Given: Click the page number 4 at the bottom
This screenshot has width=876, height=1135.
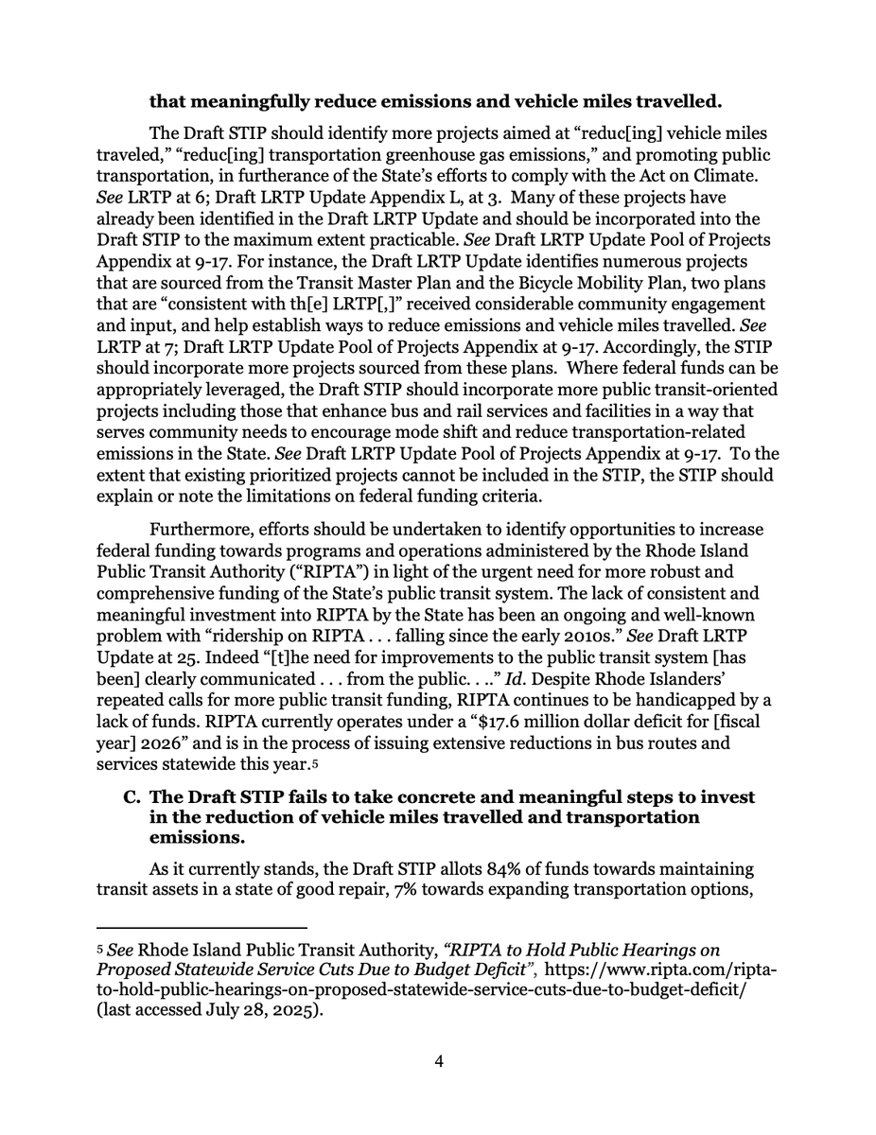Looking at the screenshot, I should tap(439, 1061).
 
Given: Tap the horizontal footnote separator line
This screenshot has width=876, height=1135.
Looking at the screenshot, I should tap(202, 928).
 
